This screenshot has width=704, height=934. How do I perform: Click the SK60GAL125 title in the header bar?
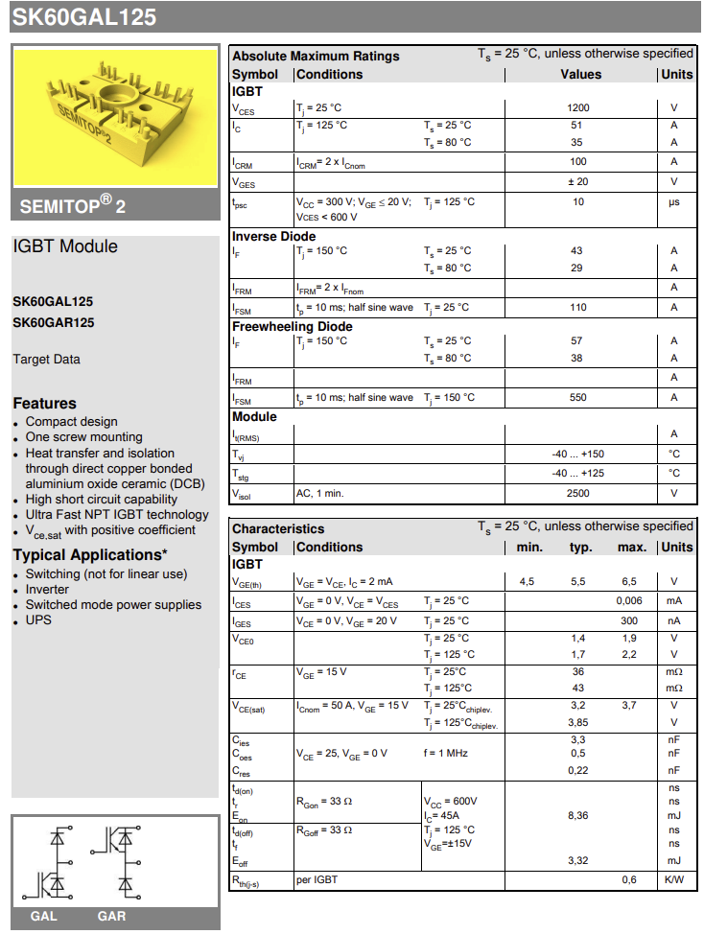pyautogui.click(x=84, y=17)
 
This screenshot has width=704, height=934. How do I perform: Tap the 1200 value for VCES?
pyautogui.click(x=578, y=108)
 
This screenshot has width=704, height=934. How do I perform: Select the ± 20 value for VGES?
pyautogui.click(x=578, y=181)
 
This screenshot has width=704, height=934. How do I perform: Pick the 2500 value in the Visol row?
pyautogui.click(x=578, y=493)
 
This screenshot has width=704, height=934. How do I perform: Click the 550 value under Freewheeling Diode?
pyautogui.click(x=578, y=398)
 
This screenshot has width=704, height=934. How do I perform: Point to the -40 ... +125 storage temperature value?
pyautogui.click(x=578, y=473)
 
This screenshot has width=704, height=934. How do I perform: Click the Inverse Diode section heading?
pyautogui.click(x=273, y=236)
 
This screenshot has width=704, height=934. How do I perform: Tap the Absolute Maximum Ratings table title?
pyautogui.click(x=316, y=56)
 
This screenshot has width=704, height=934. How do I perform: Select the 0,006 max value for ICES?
pyautogui.click(x=629, y=600)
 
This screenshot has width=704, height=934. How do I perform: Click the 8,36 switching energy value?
pyautogui.click(x=578, y=815)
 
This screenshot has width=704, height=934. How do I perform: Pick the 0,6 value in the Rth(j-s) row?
pyautogui.click(x=629, y=879)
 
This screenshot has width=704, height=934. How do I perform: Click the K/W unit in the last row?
pyautogui.click(x=674, y=879)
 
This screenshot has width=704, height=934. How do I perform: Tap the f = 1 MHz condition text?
pyautogui.click(x=446, y=754)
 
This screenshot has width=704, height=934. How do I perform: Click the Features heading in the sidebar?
pyautogui.click(x=44, y=404)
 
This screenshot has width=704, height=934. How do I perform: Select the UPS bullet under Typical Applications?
pyautogui.click(x=38, y=620)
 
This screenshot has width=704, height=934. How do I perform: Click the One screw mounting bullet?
pyautogui.click(x=83, y=437)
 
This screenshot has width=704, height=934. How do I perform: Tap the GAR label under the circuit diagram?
pyautogui.click(x=111, y=916)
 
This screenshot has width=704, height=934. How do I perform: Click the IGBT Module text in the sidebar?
pyautogui.click(x=65, y=246)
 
